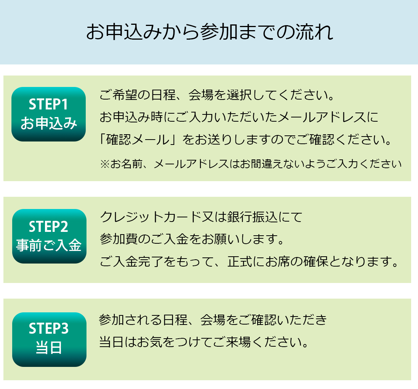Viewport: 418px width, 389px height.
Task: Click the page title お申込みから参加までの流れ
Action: pyautogui.click(x=210, y=32)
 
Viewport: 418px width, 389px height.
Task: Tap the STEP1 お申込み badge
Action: pyautogui.click(x=48, y=114)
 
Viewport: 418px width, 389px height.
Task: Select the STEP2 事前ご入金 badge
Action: pyautogui.click(x=49, y=236)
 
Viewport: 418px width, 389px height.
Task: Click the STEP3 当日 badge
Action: pyautogui.click(x=49, y=339)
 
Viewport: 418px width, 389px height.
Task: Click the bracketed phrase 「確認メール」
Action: pyautogui.click(x=138, y=140)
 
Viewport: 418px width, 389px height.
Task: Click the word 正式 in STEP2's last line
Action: pyautogui.click(x=240, y=262)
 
